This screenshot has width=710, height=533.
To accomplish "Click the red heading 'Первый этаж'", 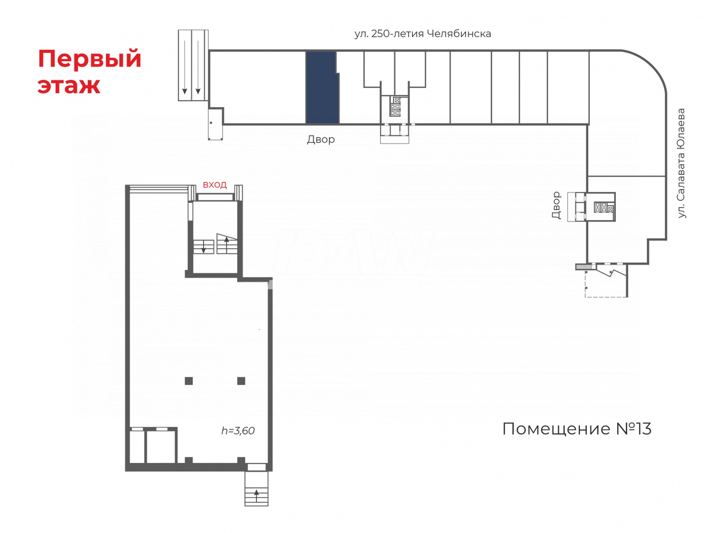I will point(89,72).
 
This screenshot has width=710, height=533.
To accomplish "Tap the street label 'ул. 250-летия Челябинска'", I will point(422,34).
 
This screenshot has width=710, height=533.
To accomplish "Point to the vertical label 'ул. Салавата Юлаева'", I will point(681,163).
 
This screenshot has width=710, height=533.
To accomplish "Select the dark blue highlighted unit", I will point(322,88).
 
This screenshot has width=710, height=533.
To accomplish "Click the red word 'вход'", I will point(214,185).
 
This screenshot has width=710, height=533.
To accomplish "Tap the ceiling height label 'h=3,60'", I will point(238,431).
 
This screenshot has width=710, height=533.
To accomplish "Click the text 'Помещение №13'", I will point(577,429).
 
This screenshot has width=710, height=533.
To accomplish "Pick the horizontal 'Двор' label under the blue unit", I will point(320,139).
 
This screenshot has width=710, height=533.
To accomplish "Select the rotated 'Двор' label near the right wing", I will point(556,205).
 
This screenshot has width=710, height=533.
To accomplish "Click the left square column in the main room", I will point(189,381).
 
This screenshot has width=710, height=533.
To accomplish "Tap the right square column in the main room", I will point(241,381).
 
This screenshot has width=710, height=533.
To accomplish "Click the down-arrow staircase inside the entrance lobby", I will point(204,247).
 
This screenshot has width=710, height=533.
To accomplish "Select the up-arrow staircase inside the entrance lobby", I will point(227,244).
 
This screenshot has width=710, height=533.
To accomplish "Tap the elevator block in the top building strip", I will point(395,107).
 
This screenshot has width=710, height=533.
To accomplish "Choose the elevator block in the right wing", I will point(603,207).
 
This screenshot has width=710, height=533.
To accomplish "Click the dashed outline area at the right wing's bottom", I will point(606,284).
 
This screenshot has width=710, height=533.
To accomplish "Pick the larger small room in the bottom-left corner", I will point(161,446).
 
